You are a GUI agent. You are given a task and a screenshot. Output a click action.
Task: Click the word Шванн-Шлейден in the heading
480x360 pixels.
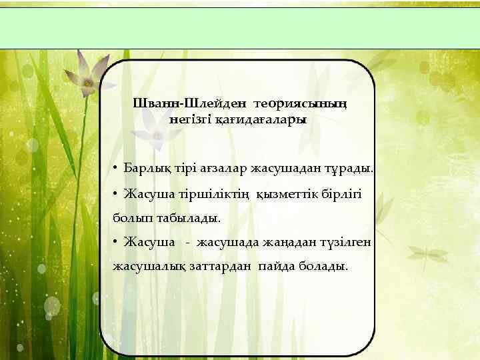pos(190,103)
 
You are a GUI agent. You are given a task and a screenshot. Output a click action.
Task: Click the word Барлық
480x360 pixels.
pos(144,167)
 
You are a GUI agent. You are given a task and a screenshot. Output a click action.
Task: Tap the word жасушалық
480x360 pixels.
pos(143,267)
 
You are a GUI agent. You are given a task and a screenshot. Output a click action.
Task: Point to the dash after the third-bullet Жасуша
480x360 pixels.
pos(189,243)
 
